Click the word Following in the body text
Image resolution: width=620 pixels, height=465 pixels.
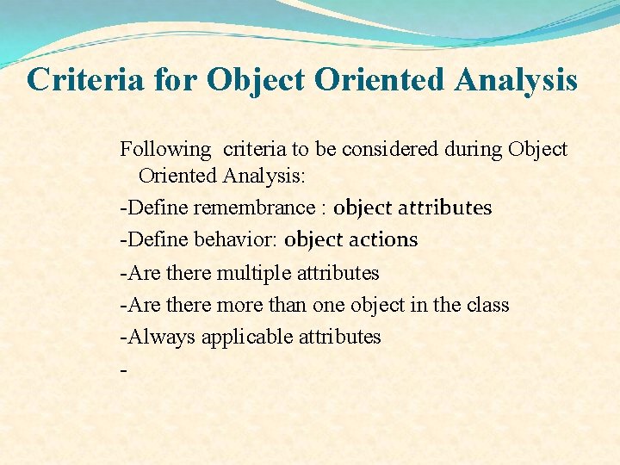coord(164,150)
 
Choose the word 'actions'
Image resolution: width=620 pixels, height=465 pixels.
coord(383,240)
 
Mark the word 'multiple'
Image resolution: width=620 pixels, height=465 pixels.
coord(254,273)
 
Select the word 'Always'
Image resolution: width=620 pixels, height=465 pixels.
coord(161,337)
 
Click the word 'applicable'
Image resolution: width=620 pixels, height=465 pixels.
coord(248,338)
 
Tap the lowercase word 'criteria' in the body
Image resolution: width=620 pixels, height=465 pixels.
coord(257,150)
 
